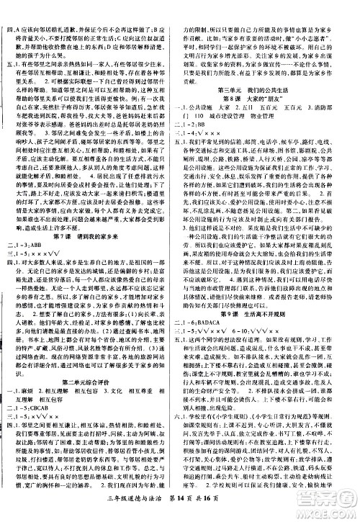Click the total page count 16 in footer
pyautogui.click(x=241, y=512)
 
